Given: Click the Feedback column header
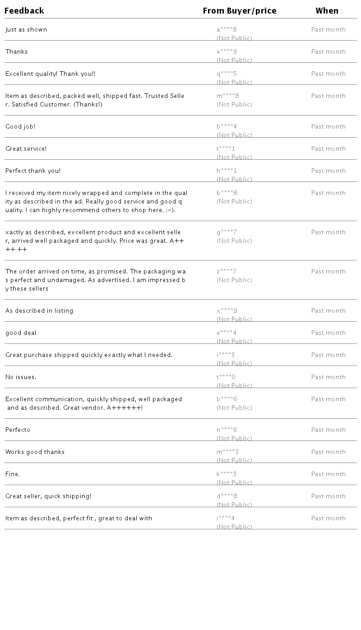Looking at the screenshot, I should pyautogui.click(x=24, y=11).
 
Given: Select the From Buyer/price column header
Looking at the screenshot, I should pyautogui.click(x=239, y=11).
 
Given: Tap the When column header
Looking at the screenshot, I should pyautogui.click(x=327, y=11).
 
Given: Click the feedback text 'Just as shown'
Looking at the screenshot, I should pyautogui.click(x=26, y=30).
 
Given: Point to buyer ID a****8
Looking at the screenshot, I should pyautogui.click(x=227, y=30).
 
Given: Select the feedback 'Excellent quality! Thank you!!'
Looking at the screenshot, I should pyautogui.click(x=50, y=74).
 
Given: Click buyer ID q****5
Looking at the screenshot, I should pyautogui.click(x=227, y=74).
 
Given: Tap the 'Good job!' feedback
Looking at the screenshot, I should pyautogui.click(x=20, y=127).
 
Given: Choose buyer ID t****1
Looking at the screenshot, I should pyautogui.click(x=226, y=149).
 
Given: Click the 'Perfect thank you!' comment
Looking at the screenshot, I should pyautogui.click(x=33, y=171).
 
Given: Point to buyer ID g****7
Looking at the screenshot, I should pyautogui.click(x=227, y=232).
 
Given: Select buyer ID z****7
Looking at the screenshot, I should pyautogui.click(x=226, y=272).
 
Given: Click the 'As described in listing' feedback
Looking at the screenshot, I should pyautogui.click(x=39, y=311).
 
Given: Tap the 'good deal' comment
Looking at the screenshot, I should pyautogui.click(x=21, y=333).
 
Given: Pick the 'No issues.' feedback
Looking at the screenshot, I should pyautogui.click(x=21, y=377).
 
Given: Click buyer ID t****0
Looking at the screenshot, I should pyautogui.click(x=226, y=377).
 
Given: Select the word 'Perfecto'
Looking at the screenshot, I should pyautogui.click(x=18, y=430).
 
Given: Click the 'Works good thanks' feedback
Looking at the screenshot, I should pyautogui.click(x=35, y=452).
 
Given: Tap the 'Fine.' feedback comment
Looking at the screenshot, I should pyautogui.click(x=13, y=474).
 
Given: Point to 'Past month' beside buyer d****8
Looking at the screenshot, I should pyautogui.click(x=328, y=496).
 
